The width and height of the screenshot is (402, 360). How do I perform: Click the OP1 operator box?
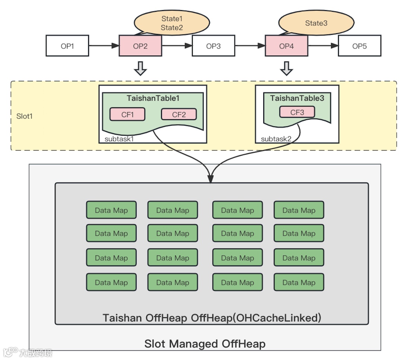point(67,46)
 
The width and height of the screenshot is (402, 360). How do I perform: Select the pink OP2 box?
point(140,46)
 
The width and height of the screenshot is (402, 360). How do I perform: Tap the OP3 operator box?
point(213,46)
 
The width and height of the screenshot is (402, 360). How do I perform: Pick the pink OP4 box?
point(286,46)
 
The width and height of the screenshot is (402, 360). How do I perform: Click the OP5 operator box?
point(359,46)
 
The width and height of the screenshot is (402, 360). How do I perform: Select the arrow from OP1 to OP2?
point(103,46)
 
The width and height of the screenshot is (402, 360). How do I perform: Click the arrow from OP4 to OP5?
point(323,46)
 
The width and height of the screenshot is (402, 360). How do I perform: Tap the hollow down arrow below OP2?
point(140,69)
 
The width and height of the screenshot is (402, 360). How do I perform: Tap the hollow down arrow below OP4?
point(286,69)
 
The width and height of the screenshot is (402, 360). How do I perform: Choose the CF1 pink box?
point(127,114)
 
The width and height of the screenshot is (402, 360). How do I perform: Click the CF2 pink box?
point(179,114)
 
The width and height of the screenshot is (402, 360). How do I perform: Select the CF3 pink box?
point(297,112)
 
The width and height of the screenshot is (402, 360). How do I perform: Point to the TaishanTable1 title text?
point(153,98)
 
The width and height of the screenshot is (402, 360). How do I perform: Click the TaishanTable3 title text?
point(297,98)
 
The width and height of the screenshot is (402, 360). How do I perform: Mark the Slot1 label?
point(25,116)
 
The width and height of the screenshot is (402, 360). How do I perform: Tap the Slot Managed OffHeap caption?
point(205,343)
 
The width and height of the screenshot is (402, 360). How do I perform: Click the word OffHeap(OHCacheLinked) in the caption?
point(256,318)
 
